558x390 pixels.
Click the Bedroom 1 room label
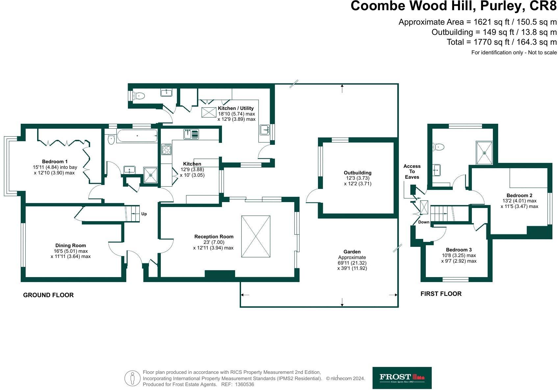[x=55, y=162]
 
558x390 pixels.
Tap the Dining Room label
[x=70, y=246]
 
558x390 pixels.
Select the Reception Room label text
[x=214, y=237]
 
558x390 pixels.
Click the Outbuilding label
[x=357, y=173]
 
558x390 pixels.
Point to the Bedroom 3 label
[x=459, y=250]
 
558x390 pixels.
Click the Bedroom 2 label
[x=519, y=195]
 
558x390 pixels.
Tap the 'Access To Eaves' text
[x=412, y=171]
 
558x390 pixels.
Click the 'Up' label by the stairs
[x=144, y=214]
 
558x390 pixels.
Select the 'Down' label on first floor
[x=424, y=222]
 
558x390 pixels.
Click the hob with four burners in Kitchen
[x=166, y=149]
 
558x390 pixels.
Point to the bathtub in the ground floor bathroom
[x=137, y=136]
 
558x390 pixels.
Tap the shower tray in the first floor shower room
[x=484, y=153]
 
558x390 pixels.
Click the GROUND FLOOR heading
[x=48, y=295]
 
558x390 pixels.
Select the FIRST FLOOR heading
[x=441, y=294]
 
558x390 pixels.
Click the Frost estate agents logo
[x=402, y=377]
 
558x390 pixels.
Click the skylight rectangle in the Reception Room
[x=256, y=236]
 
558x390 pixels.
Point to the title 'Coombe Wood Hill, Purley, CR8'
[x=453, y=7]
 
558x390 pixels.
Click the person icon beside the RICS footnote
[x=133, y=378]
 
